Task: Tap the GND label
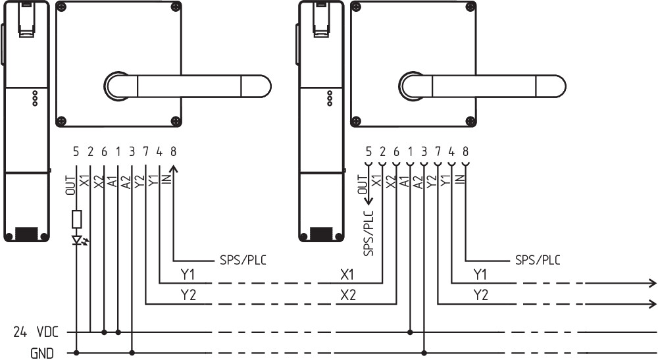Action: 41,353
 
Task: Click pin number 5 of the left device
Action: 76,151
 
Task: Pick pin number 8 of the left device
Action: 174,151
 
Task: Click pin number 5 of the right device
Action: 368,151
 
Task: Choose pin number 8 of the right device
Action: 465,151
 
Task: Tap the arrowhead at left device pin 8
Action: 174,170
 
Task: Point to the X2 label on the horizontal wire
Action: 348,296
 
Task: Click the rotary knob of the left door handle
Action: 119,86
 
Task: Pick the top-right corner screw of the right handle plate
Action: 469,8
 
